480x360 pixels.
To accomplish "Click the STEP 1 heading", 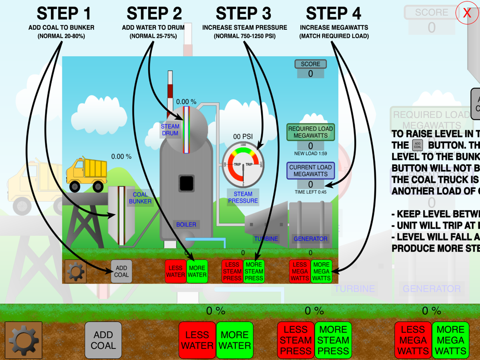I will click(x=64, y=13).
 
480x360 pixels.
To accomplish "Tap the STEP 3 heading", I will click(x=243, y=13).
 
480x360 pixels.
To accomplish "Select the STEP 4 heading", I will click(x=334, y=13).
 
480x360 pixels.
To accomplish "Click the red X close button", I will click(x=467, y=13).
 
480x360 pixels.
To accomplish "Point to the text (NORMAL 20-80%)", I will click(x=61, y=36).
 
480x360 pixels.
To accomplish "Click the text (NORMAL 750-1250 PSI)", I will click(x=244, y=36).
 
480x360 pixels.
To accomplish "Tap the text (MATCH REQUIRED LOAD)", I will click(x=334, y=36).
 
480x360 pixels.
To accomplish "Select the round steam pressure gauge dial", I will click(x=243, y=165).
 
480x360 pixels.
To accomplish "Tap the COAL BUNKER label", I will click(x=140, y=198).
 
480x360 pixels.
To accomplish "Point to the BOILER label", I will click(x=186, y=224).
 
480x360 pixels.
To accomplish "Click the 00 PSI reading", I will click(x=243, y=136).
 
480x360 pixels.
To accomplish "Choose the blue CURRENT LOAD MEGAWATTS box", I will click(x=311, y=171).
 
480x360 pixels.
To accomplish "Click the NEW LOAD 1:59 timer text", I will click(x=311, y=154).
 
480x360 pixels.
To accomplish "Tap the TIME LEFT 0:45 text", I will click(x=311, y=192).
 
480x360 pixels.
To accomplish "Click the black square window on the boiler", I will click(x=186, y=183).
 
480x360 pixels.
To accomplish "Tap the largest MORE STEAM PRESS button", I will click(x=333, y=340).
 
